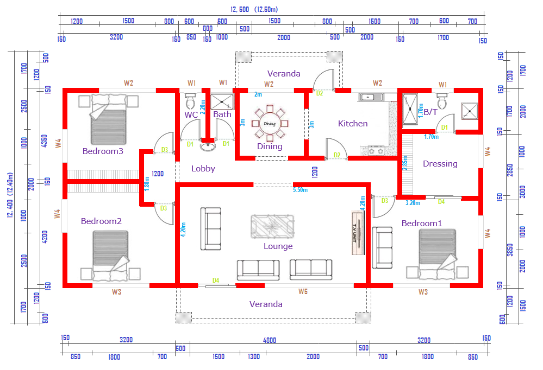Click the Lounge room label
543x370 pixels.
click(278, 246)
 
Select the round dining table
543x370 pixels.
click(270, 124)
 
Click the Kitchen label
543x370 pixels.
click(353, 124)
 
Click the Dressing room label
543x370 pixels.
click(440, 163)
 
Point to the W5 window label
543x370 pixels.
click(303, 292)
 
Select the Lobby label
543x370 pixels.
click(203, 169)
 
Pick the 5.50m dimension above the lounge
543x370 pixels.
click(300, 190)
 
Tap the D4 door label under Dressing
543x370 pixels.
click(441, 202)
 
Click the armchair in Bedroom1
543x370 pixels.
click(382, 247)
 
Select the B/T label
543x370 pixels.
click(430, 112)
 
